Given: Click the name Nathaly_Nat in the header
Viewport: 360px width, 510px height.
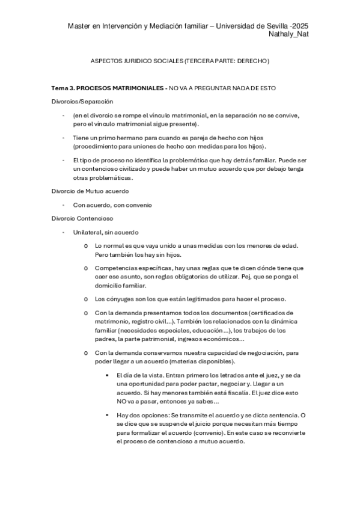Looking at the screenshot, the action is tap(289, 34).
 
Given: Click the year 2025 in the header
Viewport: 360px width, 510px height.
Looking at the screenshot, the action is tap(299, 26).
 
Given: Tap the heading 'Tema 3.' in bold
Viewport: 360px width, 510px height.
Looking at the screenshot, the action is tap(63, 88).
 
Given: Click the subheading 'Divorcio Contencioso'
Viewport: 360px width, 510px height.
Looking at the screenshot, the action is tap(82, 218).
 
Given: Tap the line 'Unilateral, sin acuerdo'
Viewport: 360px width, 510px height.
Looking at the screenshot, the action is tap(106, 232).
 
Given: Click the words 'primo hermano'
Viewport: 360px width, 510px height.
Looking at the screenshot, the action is tap(112, 138).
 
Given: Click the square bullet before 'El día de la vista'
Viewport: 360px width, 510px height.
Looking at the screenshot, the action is tap(106, 375).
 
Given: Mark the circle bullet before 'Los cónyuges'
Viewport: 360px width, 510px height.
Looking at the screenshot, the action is tap(87, 299).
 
